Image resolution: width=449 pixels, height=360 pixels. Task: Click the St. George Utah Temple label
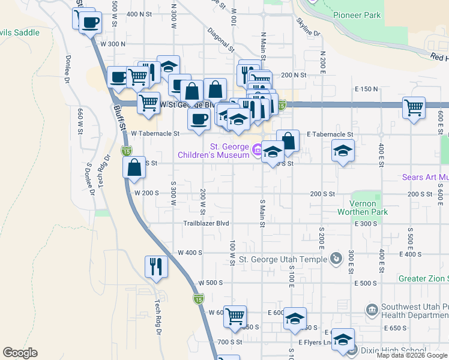(x=283, y=259)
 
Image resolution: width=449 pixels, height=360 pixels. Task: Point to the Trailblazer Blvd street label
(x=206, y=223)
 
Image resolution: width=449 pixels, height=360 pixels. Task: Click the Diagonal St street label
(x=220, y=38)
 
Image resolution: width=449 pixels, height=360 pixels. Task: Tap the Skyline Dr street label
(x=308, y=26)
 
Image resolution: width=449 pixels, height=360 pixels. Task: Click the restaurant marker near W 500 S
(x=157, y=266)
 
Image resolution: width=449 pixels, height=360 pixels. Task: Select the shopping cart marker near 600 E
(x=414, y=107)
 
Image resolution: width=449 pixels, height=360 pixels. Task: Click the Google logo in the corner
(x=20, y=353)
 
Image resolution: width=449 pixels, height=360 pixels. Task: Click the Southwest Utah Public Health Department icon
(x=372, y=310)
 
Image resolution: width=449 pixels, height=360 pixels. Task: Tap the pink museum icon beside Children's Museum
(x=257, y=148)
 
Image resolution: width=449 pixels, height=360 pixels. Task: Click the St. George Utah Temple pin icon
(x=336, y=259)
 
